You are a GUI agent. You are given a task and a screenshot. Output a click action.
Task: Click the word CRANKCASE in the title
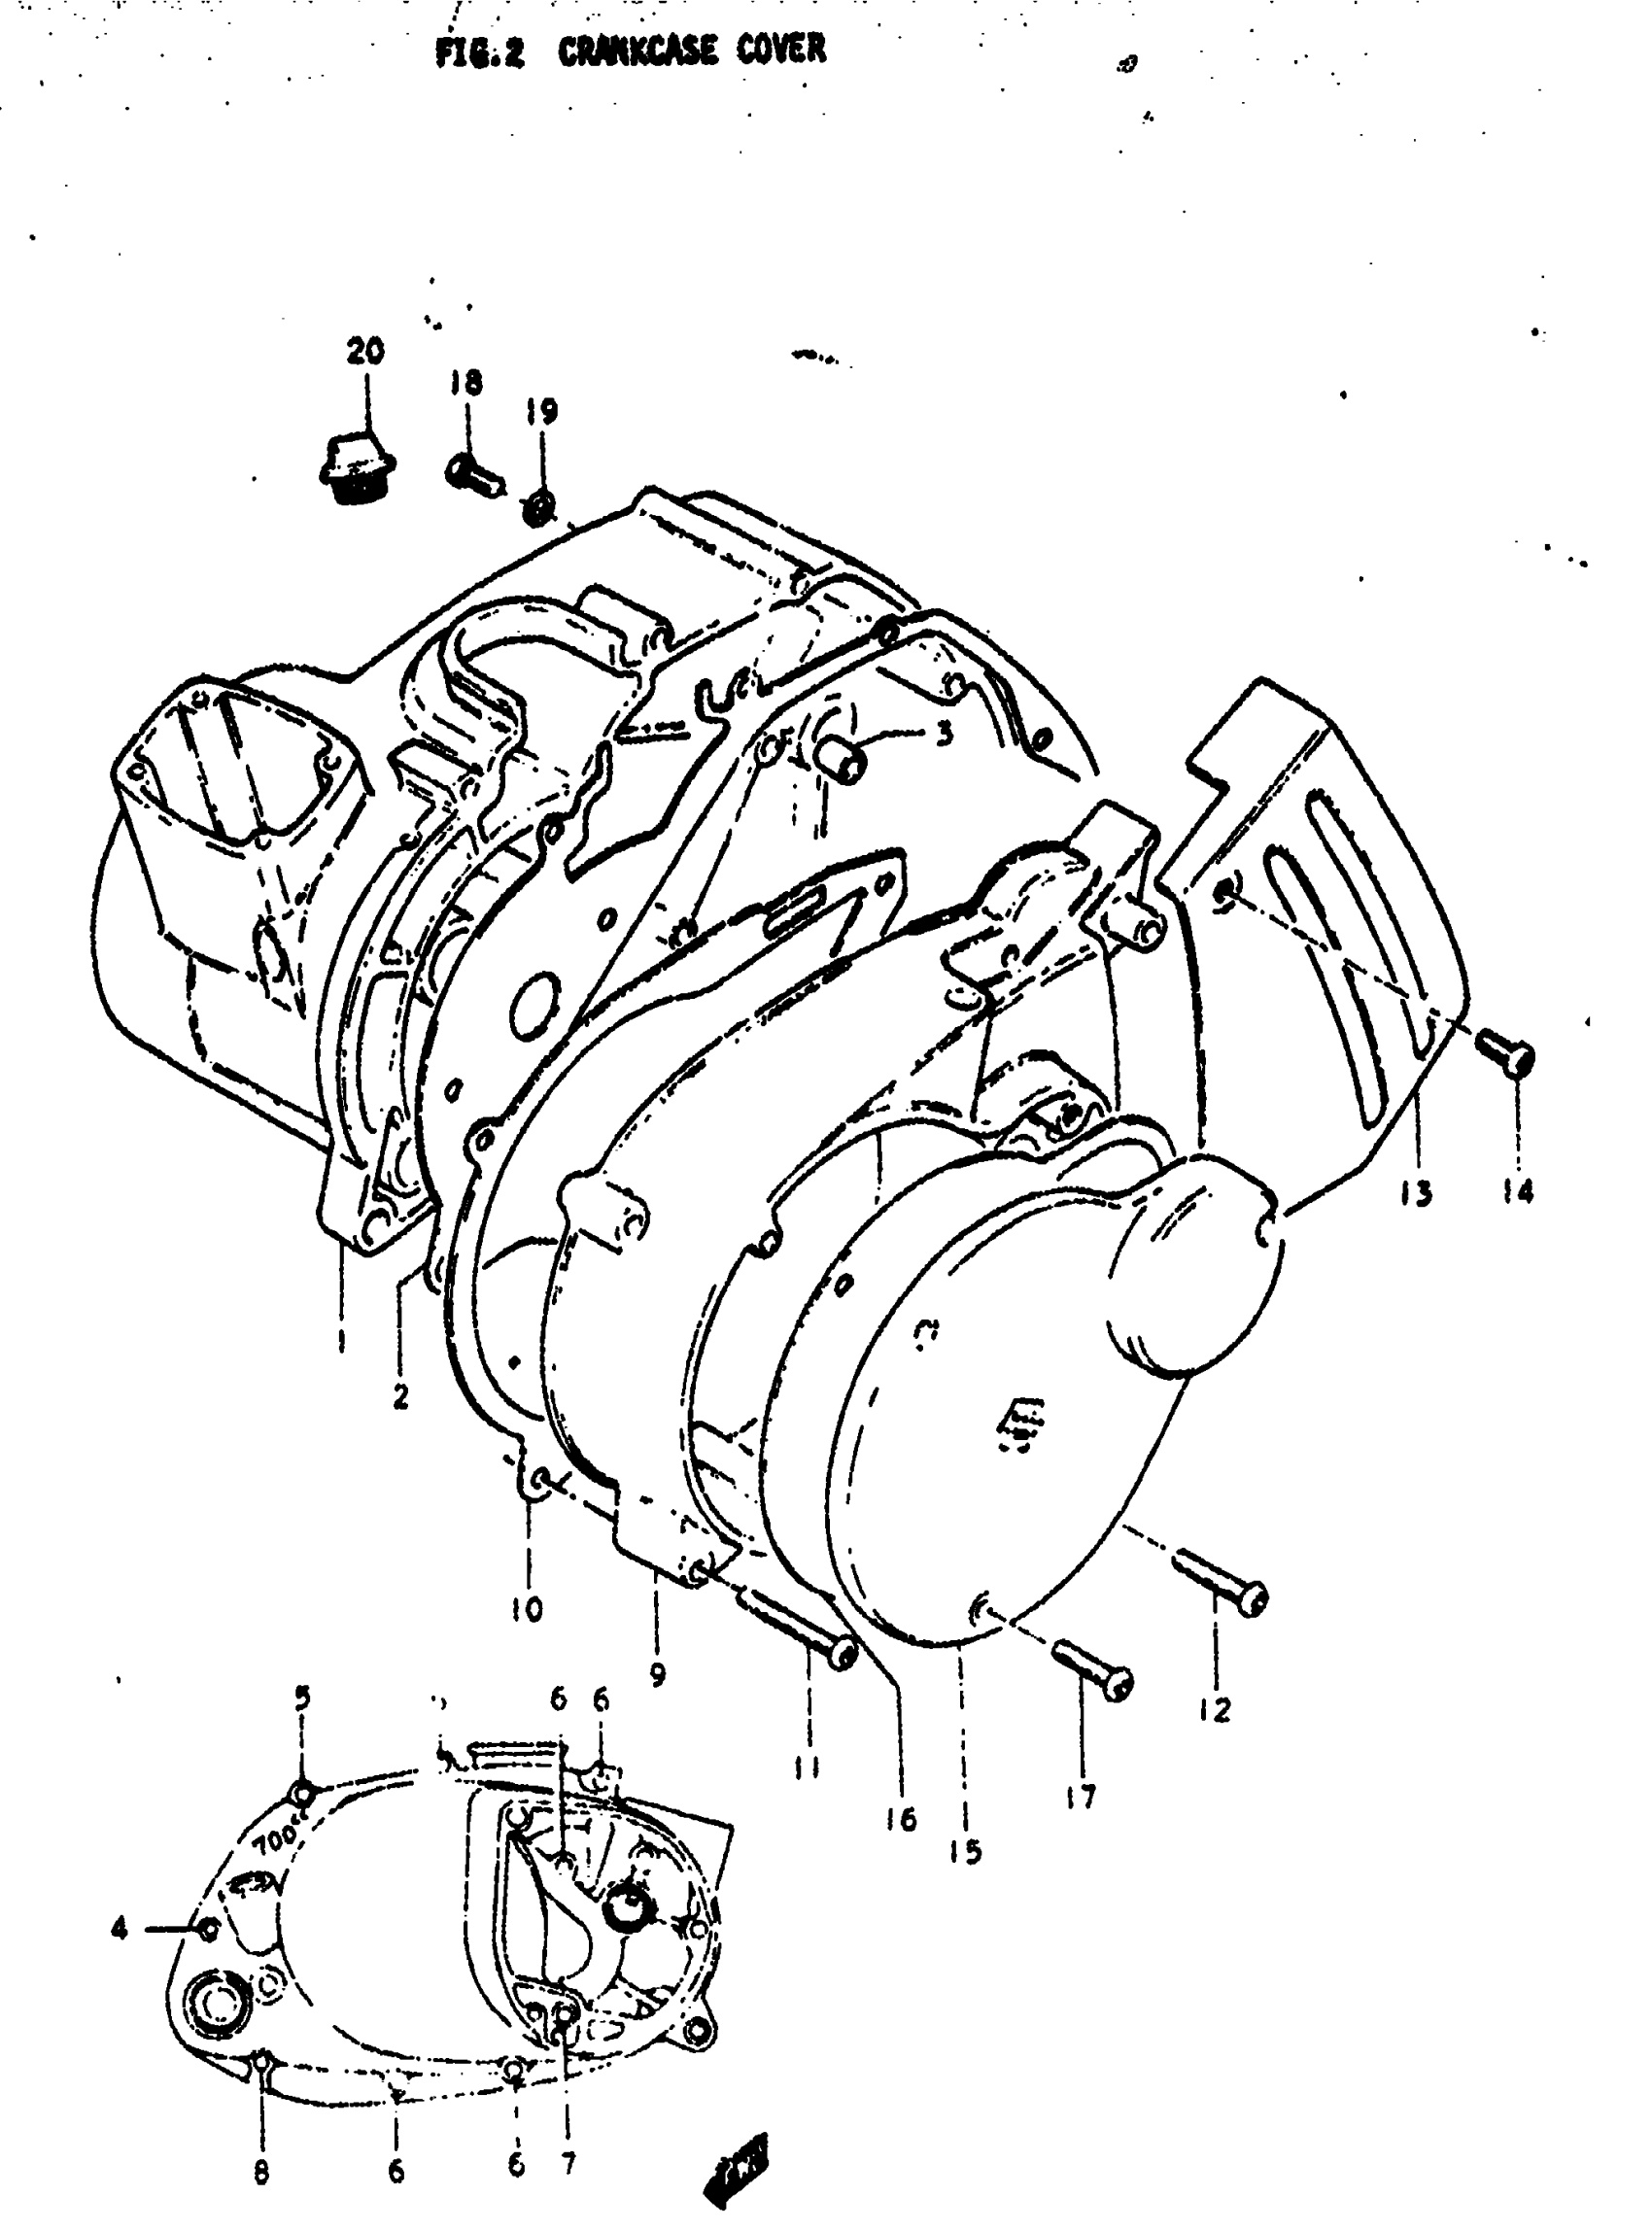(x=637, y=50)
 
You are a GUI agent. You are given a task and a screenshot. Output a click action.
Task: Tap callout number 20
(x=365, y=352)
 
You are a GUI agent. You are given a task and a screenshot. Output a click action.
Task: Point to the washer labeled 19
(x=540, y=507)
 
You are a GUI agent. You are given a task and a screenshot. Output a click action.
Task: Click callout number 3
(x=943, y=736)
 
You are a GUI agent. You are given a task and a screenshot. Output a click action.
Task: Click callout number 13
(x=1415, y=1193)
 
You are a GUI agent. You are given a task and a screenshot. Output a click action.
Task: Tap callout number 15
(x=966, y=1852)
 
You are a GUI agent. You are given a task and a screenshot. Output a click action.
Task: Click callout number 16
(x=901, y=1819)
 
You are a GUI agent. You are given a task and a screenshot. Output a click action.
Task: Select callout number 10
(x=527, y=1609)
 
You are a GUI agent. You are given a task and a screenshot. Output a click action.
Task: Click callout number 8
(x=262, y=2171)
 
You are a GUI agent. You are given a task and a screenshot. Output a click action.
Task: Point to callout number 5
(x=302, y=1698)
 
